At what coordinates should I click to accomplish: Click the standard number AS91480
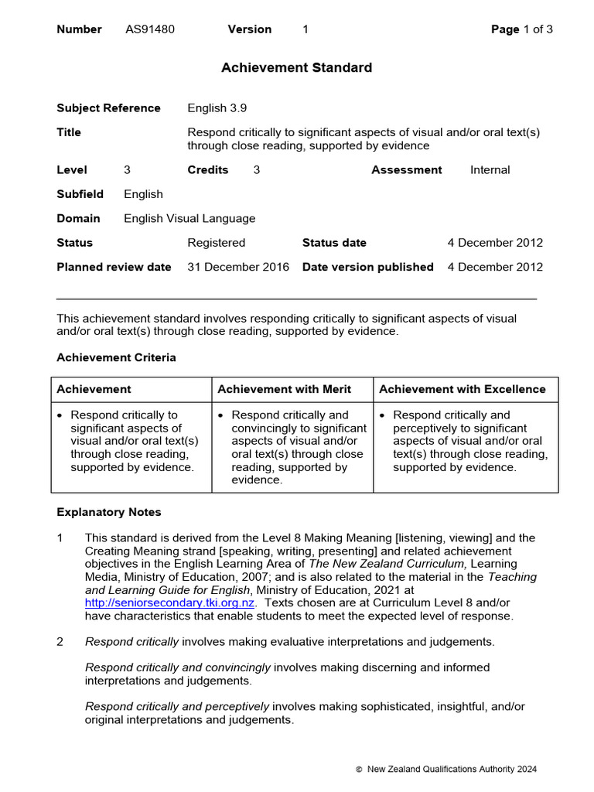(150, 29)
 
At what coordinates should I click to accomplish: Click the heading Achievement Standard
(296, 68)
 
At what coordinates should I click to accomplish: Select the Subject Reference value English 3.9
(217, 108)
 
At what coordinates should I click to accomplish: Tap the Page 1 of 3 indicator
(522, 29)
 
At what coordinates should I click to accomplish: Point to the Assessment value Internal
(490, 170)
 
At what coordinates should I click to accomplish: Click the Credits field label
(207, 170)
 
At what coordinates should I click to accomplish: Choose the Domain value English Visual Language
(189, 219)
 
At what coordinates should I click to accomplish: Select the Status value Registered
(216, 243)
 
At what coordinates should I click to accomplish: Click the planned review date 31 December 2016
(238, 267)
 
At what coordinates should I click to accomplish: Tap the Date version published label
(367, 267)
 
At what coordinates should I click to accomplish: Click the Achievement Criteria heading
(116, 357)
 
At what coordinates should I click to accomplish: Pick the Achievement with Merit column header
(284, 389)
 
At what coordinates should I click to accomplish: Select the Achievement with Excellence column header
(462, 389)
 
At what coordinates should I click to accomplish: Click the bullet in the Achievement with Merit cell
(221, 415)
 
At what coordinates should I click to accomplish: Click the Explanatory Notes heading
(109, 512)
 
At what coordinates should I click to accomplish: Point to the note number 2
(60, 642)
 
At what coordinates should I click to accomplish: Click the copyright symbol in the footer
(358, 770)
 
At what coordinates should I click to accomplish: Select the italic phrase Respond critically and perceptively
(177, 706)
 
